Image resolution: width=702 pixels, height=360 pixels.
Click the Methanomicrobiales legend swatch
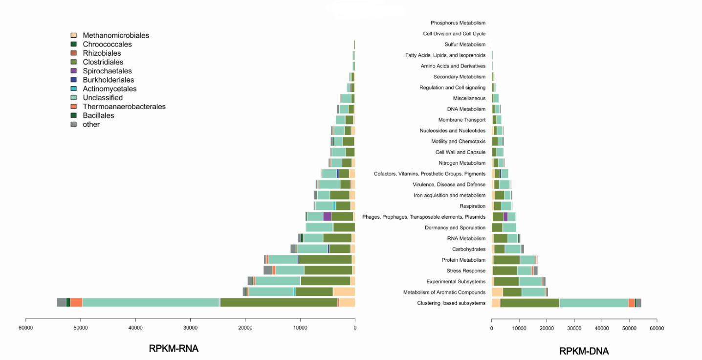pos(73,35)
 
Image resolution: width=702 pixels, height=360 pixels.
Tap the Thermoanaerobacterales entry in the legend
pos(124,107)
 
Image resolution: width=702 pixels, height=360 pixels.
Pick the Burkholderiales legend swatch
pos(73,80)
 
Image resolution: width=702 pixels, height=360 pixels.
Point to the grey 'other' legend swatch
pos(73,124)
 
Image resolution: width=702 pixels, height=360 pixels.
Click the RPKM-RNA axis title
pos(174,349)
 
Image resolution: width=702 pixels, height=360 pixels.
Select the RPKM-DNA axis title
pos(584,351)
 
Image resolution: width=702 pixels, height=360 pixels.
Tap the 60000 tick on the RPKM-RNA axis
pos(26,327)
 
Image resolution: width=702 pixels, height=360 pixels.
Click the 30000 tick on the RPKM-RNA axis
pos(190,327)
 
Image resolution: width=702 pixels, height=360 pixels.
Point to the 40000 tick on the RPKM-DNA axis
pos(602,327)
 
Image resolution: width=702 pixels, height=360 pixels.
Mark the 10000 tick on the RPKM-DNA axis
pos(519,327)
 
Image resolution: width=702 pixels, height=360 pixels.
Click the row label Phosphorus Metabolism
pos(458,23)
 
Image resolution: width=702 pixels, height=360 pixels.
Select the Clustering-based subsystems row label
pos(451,303)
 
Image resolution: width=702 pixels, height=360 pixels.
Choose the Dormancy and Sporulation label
pos(455,227)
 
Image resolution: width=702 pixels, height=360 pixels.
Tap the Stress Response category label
pos(466,270)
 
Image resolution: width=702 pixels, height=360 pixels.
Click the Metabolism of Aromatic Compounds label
pos(444,292)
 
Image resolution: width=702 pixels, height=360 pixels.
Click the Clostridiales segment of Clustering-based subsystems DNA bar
pos(530,303)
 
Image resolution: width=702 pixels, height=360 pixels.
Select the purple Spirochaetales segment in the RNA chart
pos(327,217)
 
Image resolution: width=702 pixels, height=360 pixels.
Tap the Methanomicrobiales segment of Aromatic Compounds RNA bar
pos(344,292)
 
